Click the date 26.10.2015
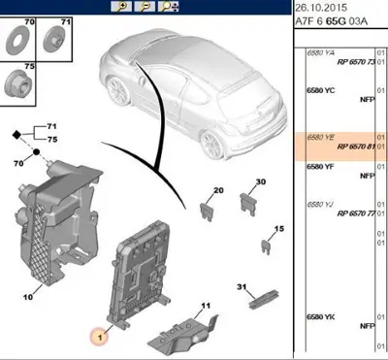[x=323, y=10]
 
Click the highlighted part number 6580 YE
[x=322, y=139]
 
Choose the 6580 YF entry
[x=322, y=167]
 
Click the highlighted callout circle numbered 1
[x=98, y=336]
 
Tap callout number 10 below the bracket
[x=28, y=297]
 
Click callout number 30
[x=260, y=182]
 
